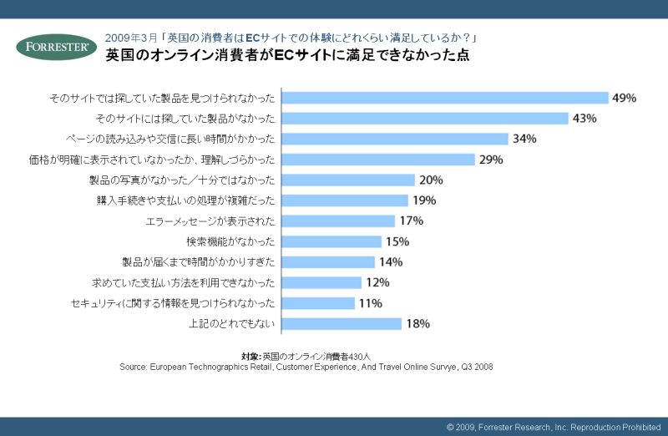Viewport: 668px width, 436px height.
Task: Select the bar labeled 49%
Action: (x=447, y=98)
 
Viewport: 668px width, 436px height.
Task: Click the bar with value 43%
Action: (x=427, y=119)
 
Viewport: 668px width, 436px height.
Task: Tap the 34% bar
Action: (x=397, y=139)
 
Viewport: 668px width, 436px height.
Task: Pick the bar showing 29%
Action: (x=380, y=160)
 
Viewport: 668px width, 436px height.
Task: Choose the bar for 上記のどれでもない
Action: (x=343, y=323)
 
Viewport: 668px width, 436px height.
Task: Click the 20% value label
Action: (x=432, y=180)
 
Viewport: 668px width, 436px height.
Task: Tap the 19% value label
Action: (x=425, y=200)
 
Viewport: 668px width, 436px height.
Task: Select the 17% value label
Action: (x=412, y=221)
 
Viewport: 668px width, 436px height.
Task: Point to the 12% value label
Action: (x=378, y=282)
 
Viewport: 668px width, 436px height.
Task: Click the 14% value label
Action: (x=391, y=261)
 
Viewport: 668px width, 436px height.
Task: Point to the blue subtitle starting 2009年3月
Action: (x=291, y=38)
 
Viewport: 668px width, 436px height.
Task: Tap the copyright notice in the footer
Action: (x=554, y=427)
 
